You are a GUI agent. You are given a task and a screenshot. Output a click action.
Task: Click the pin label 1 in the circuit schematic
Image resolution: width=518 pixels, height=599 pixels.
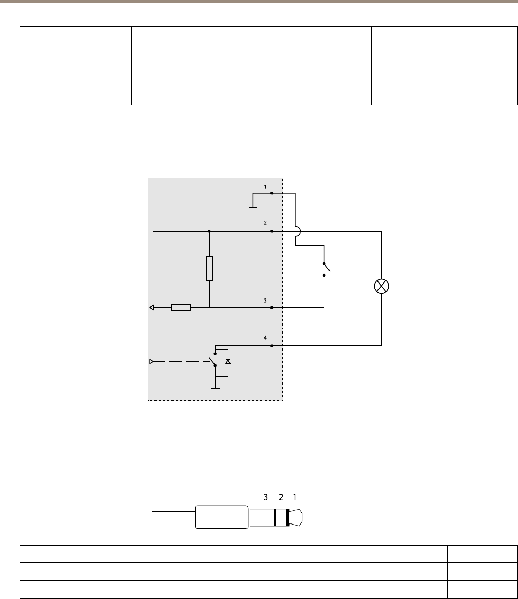[265, 187]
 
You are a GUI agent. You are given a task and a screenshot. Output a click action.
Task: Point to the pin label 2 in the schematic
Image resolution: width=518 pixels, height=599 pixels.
[265, 224]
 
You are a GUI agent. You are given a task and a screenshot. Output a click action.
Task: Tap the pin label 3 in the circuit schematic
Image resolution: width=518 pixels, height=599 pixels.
[265, 301]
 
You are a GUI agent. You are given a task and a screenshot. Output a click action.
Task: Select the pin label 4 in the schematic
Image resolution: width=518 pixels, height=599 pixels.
[265, 338]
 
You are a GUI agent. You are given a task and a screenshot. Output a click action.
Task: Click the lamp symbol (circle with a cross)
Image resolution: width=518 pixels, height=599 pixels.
[382, 286]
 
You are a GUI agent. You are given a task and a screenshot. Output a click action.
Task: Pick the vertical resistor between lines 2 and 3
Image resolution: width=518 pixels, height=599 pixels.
[209, 269]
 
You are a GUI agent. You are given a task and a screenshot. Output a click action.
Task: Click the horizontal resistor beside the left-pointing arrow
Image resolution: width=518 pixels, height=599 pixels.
[181, 307]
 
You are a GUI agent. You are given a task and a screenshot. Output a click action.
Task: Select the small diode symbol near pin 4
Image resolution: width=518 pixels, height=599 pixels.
[228, 361]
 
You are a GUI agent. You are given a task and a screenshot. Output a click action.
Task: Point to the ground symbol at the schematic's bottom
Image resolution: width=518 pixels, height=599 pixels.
[215, 388]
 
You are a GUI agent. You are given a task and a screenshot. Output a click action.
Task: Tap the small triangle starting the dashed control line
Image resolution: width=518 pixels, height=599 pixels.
[151, 362]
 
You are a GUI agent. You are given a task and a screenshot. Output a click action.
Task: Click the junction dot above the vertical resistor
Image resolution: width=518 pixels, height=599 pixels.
[209, 231]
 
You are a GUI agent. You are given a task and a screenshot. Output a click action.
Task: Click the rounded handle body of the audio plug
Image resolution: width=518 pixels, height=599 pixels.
[221, 517]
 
